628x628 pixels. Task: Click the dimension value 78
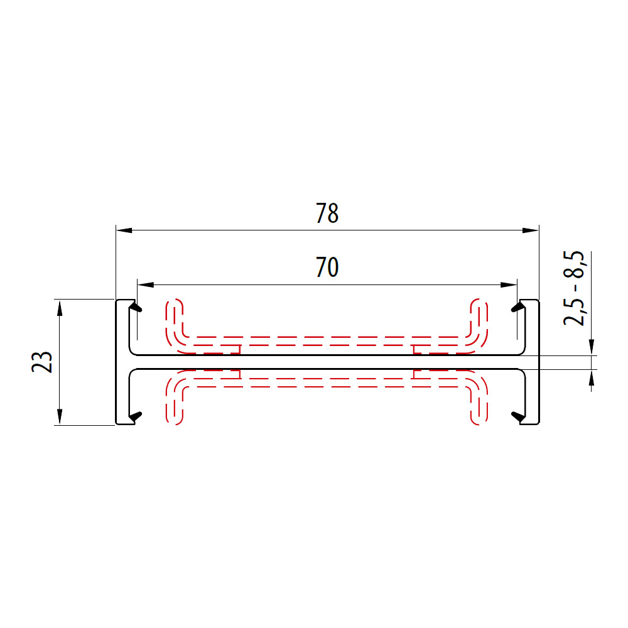point(327,214)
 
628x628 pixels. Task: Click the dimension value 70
point(327,268)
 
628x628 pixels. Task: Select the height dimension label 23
point(42,362)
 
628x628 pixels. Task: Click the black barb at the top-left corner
point(136,308)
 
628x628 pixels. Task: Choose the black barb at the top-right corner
point(518,308)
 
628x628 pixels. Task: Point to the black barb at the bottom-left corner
point(135,416)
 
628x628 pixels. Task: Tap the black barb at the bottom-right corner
point(518,416)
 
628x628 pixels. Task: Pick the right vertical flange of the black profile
point(532,362)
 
